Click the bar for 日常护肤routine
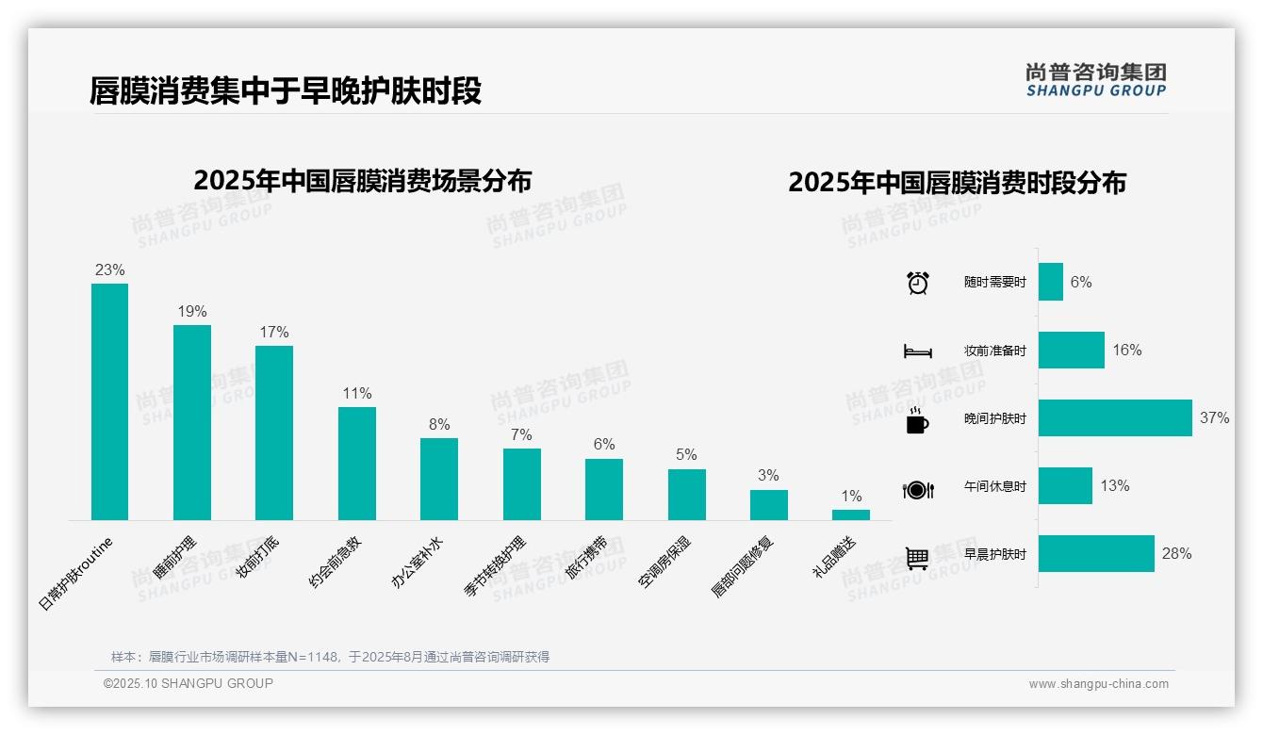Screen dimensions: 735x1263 pyautogui.click(x=109, y=401)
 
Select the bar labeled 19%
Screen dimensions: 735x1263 pyautogui.click(x=192, y=422)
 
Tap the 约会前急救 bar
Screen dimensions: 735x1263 pyautogui.click(x=357, y=463)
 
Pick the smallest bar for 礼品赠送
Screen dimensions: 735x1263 pyautogui.click(x=851, y=514)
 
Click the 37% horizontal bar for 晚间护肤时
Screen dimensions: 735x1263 pyautogui.click(x=1115, y=417)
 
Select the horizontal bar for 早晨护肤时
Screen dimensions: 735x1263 pyautogui.click(x=1096, y=553)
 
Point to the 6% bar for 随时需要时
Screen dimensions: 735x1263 pyautogui.click(x=1051, y=282)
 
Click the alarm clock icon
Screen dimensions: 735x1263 pyautogui.click(x=917, y=282)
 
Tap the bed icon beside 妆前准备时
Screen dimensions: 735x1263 pyautogui.click(x=917, y=351)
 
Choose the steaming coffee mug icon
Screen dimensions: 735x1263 pyautogui.click(x=917, y=420)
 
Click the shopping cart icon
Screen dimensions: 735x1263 pyautogui.click(x=917, y=558)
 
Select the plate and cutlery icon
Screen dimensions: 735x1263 pyautogui.click(x=917, y=489)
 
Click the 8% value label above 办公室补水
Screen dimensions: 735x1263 pyautogui.click(x=439, y=424)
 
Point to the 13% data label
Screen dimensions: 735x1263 pyautogui.click(x=1114, y=485)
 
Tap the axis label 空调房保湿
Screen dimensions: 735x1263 pyautogui.click(x=665, y=562)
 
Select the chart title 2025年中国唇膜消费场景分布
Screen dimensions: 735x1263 pyautogui.click(x=362, y=181)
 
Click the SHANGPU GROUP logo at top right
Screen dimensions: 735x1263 pyautogui.click(x=1095, y=80)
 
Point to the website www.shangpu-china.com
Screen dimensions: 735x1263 pyautogui.click(x=1098, y=684)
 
